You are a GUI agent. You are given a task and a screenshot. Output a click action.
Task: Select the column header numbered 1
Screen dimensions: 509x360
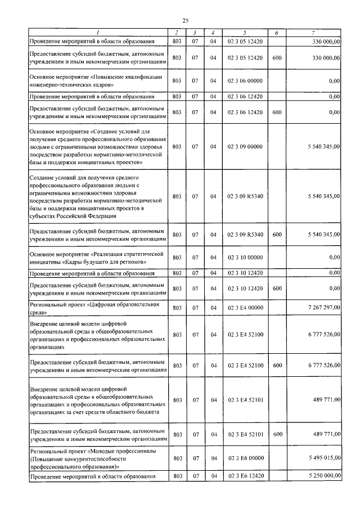(98, 33)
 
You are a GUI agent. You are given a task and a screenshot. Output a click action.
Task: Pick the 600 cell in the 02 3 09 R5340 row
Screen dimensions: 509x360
(277, 235)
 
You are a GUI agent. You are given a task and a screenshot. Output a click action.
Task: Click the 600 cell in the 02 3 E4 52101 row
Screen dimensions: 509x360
(277, 435)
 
